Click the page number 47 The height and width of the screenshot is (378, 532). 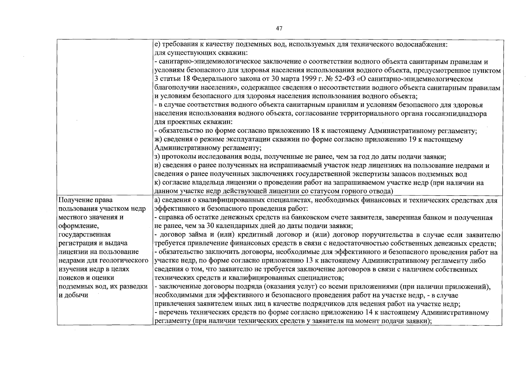tap(279, 29)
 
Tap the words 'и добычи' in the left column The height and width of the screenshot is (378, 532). tap(73, 295)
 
